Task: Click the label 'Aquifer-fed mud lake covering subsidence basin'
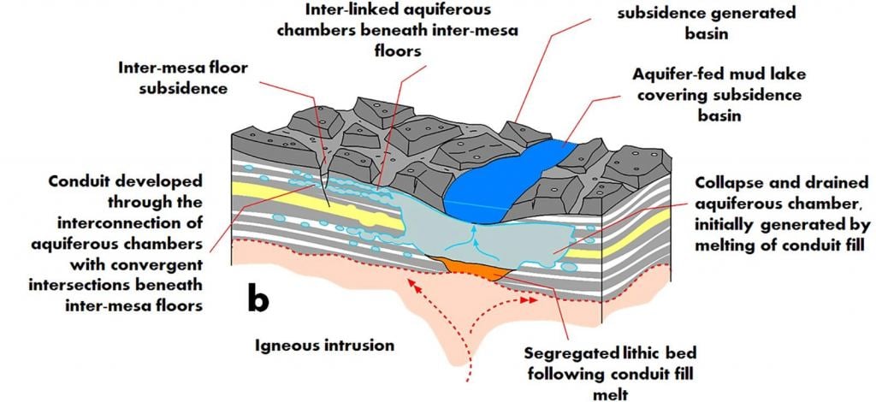click(713, 94)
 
